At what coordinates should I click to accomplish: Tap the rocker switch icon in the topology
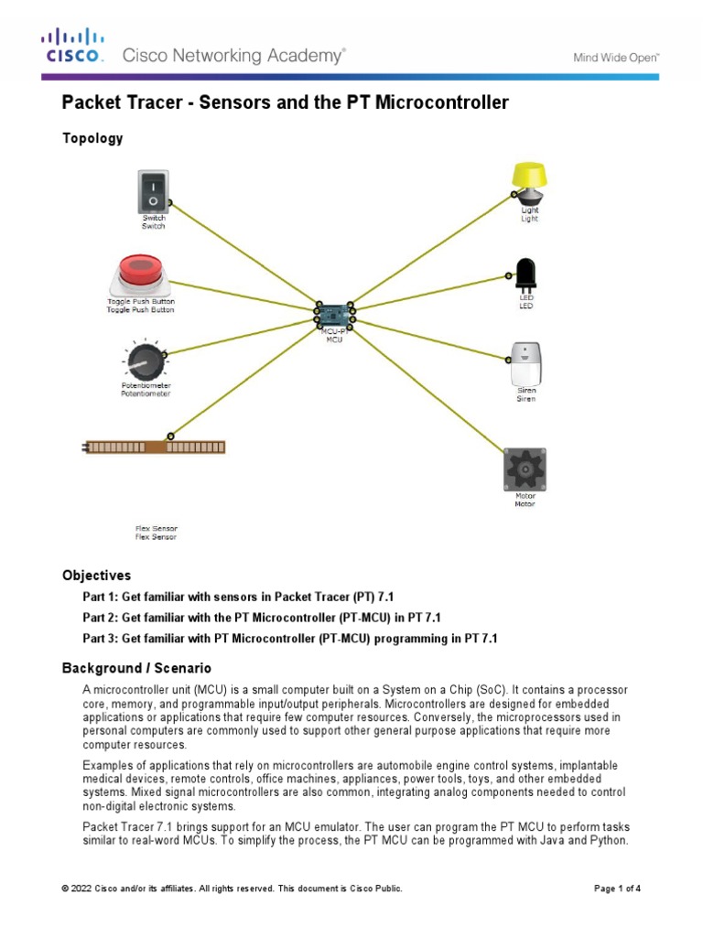coord(153,190)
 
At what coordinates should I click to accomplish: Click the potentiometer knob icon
coord(141,362)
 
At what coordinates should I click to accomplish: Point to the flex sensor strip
coord(155,447)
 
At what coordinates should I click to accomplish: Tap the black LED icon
coord(526,274)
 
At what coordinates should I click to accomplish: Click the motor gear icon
coord(525,469)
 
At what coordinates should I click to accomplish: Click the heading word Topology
coord(92,138)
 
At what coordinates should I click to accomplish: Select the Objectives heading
coord(96,576)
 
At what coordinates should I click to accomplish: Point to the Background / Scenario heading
coord(136,669)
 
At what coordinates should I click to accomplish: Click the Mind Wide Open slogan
coord(616,57)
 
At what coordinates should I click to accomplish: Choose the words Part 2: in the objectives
coord(101,617)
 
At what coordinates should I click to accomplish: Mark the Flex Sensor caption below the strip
coord(157,529)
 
